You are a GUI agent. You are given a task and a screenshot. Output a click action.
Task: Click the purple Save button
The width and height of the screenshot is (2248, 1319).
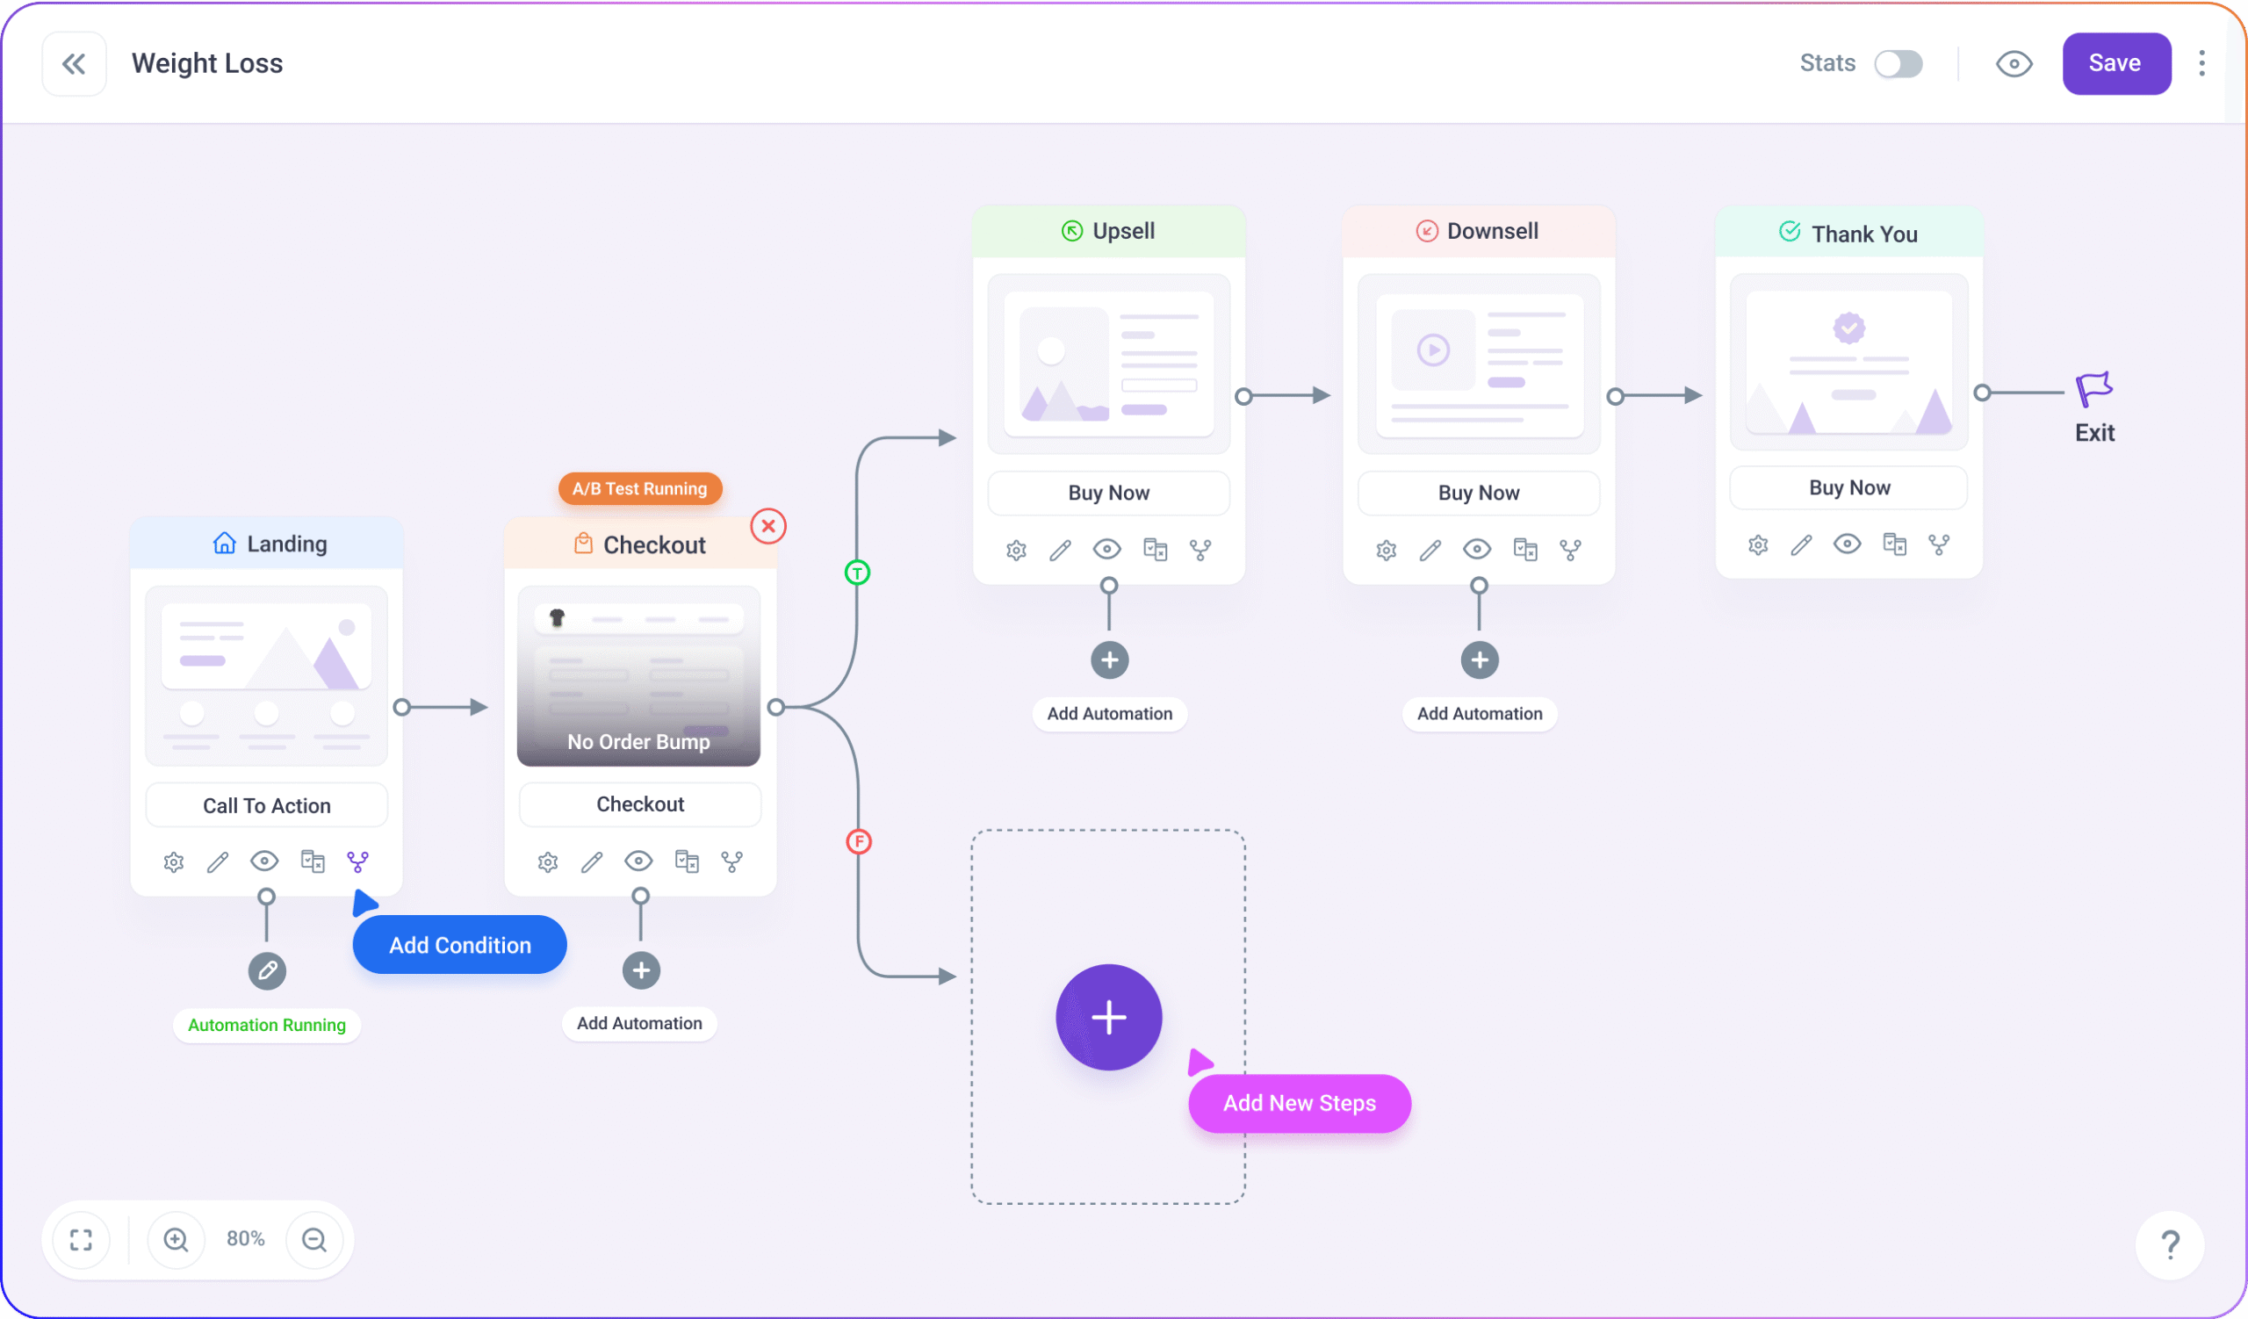pyautogui.click(x=2115, y=63)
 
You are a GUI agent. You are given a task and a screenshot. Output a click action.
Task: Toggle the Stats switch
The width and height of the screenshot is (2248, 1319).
pyautogui.click(x=1898, y=63)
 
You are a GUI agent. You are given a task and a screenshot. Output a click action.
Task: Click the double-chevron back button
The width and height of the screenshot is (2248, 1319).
pyautogui.click(x=74, y=63)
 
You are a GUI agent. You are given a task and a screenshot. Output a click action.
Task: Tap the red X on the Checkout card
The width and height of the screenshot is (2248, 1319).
pyautogui.click(x=768, y=526)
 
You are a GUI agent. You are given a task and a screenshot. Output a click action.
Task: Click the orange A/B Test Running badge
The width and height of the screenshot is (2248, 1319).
pyautogui.click(x=639, y=489)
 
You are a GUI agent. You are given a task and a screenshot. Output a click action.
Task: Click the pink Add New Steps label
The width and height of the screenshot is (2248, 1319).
pyautogui.click(x=1299, y=1103)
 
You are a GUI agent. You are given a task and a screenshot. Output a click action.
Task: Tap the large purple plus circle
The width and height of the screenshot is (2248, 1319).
pyautogui.click(x=1109, y=1017)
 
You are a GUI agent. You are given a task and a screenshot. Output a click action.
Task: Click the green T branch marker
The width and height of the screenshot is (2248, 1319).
pyautogui.click(x=857, y=573)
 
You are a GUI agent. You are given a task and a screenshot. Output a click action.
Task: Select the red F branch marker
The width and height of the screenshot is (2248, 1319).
pyautogui.click(x=858, y=841)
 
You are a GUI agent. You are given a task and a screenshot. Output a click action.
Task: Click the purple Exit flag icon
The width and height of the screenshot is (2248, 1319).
pyautogui.click(x=2093, y=390)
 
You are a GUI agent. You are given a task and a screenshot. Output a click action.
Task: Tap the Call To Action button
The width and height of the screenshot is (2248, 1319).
pyautogui.click(x=267, y=805)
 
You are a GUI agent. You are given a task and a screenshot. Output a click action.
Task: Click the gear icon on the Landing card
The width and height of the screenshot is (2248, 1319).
pyautogui.click(x=174, y=862)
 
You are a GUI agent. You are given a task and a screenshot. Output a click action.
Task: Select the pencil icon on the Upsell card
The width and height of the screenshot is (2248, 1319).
pyautogui.click(x=1061, y=551)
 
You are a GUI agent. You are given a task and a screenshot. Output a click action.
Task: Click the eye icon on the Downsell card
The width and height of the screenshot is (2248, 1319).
pyautogui.click(x=1477, y=550)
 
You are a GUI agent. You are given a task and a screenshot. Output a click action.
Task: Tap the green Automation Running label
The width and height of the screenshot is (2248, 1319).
pyautogui.click(x=267, y=1025)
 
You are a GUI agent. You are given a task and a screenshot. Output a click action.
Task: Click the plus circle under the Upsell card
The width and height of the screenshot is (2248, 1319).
pyautogui.click(x=1110, y=660)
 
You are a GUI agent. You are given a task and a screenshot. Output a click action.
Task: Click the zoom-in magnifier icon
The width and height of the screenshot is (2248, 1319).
pyautogui.click(x=176, y=1239)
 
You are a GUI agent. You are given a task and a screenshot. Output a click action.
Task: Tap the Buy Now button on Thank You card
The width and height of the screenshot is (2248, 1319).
pyautogui.click(x=1849, y=488)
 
